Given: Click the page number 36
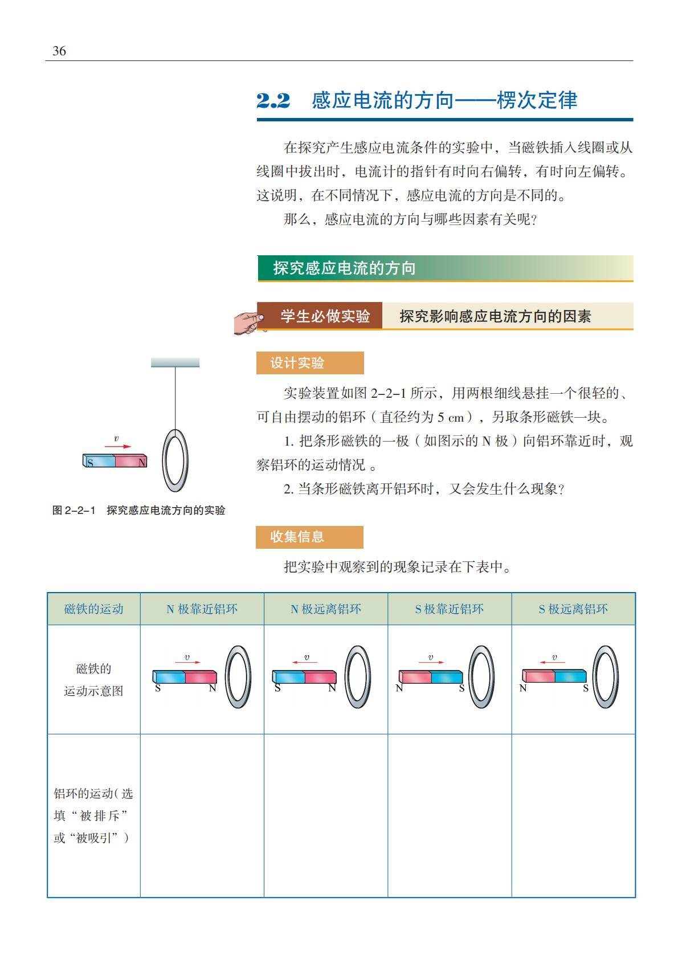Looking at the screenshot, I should coord(59,51).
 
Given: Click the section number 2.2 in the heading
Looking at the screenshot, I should coord(273,101).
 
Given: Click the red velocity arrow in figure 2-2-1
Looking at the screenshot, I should coord(118,447).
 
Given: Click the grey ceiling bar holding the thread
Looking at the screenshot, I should coord(175,362).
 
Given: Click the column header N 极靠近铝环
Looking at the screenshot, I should coord(202,609).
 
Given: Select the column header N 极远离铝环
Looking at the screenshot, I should coord(325,609).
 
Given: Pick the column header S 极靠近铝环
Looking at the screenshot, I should coord(449,609).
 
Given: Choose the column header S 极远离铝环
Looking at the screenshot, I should coord(573,609).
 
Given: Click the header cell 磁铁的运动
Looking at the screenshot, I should coord(93,609).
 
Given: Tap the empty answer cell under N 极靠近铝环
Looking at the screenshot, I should coord(202,815).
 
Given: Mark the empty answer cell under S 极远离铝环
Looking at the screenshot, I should coord(573,815).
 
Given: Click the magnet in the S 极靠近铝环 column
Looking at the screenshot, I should coord(431,677).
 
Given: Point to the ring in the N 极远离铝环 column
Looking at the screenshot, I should coord(357,676).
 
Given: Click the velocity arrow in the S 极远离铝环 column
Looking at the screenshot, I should coord(549,662).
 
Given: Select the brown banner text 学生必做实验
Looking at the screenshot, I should coord(325,316).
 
